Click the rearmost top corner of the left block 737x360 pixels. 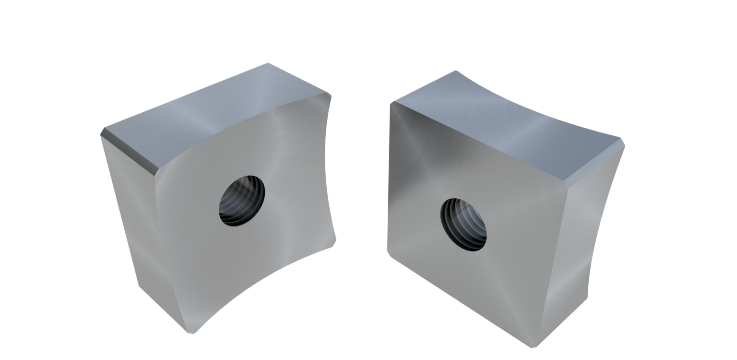(267, 62)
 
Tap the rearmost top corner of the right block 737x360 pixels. (455, 71)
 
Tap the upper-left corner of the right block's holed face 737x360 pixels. (391, 103)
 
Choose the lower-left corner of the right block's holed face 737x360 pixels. (388, 253)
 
